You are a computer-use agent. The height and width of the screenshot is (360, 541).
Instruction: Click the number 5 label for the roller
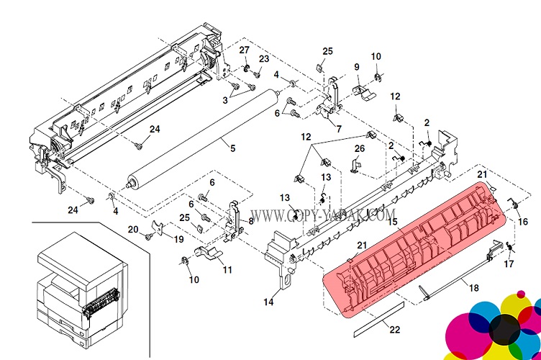click(x=232, y=148)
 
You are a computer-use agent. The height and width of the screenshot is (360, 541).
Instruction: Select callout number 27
click(x=244, y=50)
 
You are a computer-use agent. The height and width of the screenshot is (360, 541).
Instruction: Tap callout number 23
click(x=264, y=59)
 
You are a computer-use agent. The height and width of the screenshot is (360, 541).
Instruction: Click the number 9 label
click(x=356, y=68)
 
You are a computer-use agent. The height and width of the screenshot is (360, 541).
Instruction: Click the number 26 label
click(x=360, y=148)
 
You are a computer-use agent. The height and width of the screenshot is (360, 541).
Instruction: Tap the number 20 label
click(x=133, y=229)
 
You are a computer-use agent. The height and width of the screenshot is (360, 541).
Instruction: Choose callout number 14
click(x=268, y=302)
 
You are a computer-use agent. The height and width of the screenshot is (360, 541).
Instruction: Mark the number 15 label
click(x=393, y=222)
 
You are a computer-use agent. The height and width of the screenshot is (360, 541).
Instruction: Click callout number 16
click(x=523, y=222)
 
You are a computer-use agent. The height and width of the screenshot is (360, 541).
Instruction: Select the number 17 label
click(x=509, y=264)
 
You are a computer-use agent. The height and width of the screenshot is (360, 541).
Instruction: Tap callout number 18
click(x=473, y=288)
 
